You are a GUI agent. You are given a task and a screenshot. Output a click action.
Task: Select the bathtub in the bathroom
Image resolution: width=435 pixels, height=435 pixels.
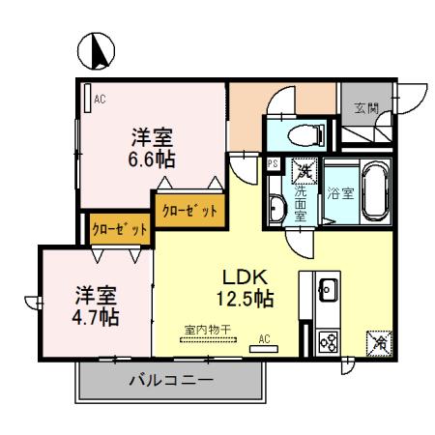tap(374, 190)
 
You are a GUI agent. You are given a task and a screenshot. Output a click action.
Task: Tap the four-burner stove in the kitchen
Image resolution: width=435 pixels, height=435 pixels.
tap(327, 341)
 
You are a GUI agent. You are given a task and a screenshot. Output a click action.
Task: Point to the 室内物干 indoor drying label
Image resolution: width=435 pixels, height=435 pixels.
tap(207, 330)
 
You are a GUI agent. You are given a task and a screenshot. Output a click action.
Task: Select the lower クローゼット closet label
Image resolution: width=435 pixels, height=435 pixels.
tap(120, 230)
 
